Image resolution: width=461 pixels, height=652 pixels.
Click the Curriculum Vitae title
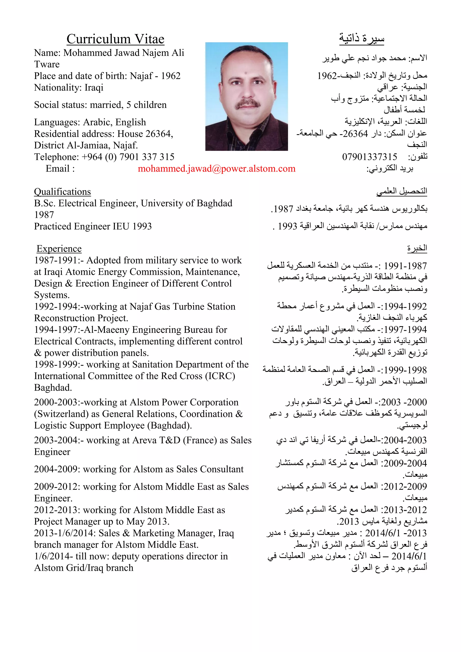pyautogui.click(x=115, y=39)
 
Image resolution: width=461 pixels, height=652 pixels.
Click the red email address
pyautogui.click(x=217, y=169)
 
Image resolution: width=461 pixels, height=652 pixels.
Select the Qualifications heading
pyautogui.click(x=62, y=192)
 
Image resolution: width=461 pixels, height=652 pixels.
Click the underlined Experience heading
pyautogui.click(x=59, y=248)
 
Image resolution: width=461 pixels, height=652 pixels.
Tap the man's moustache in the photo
pyautogui.click(x=248, y=104)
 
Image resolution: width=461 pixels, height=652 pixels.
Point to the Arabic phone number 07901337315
pyautogui.click(x=369, y=157)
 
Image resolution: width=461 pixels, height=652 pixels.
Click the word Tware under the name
pyautogui.click(x=47, y=64)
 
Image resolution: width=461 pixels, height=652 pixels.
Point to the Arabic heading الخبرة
pyautogui.click(x=417, y=248)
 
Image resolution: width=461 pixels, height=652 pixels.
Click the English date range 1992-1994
pyautogui.click(x=56, y=307)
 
